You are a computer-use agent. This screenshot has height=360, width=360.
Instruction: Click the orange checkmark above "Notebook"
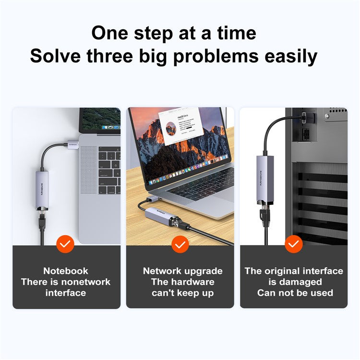point(65,244)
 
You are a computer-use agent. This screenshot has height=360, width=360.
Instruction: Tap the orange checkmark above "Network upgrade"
point(180,244)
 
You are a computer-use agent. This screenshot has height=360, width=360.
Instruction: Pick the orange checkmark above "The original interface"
point(294,244)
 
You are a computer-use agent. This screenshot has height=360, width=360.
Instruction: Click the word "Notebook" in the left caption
point(66,271)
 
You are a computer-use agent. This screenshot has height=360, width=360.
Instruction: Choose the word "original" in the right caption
point(281,271)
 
